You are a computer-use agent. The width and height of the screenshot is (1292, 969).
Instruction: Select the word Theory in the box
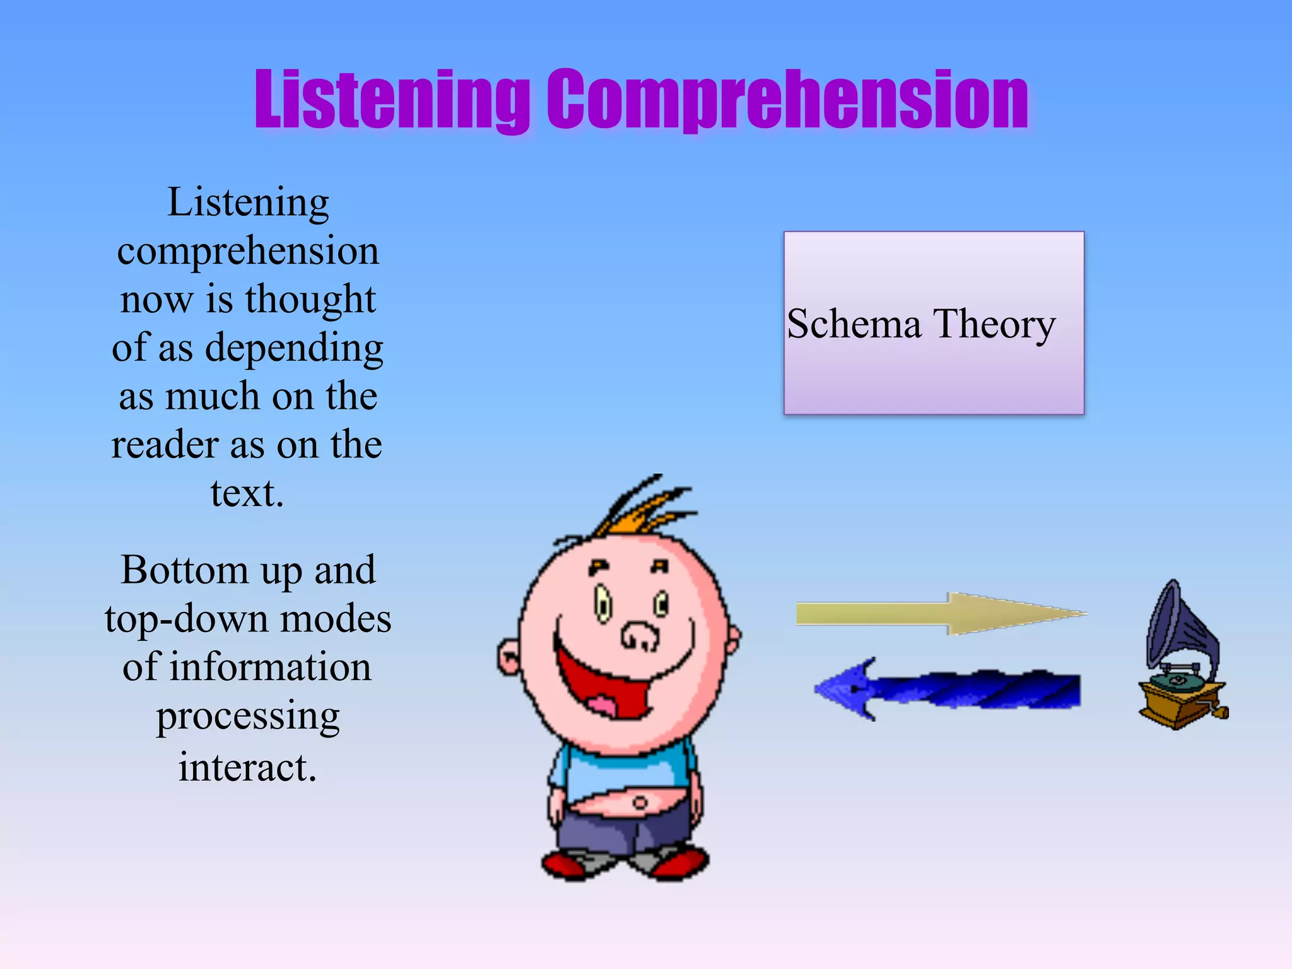[994, 325]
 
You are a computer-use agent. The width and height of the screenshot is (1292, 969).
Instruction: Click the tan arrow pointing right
[940, 613]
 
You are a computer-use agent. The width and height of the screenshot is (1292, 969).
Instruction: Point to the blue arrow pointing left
[946, 690]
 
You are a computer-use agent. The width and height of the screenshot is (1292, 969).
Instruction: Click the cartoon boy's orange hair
[643, 511]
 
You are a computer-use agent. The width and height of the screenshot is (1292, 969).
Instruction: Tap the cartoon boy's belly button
[640, 803]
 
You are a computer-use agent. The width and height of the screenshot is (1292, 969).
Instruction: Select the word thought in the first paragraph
[310, 299]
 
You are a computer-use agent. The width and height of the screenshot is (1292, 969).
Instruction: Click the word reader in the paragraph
[165, 445]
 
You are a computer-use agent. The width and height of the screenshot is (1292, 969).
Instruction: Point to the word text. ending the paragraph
[247, 493]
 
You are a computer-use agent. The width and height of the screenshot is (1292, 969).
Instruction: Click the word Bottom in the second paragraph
[184, 570]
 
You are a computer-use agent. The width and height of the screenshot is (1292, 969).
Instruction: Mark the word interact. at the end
[247, 767]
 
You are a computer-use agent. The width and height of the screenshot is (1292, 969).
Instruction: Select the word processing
[248, 717]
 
